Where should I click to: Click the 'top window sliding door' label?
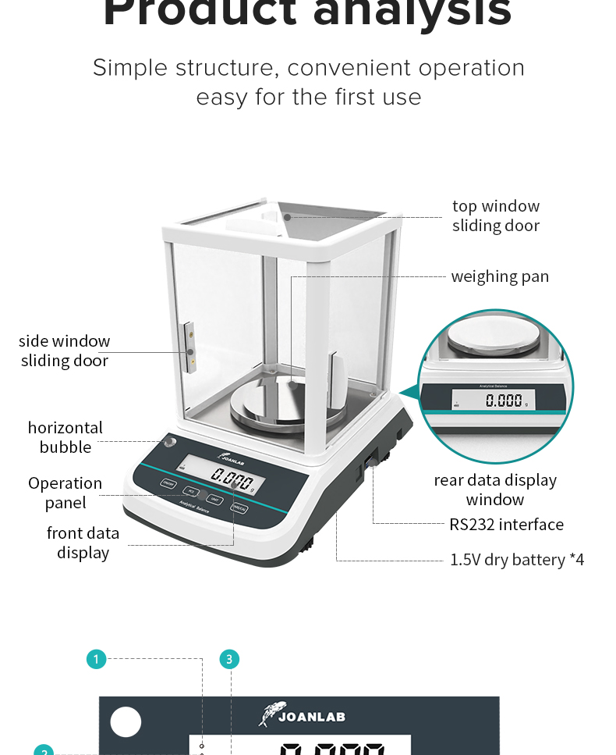click(496, 215)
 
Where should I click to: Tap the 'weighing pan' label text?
click(500, 276)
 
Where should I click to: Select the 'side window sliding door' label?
click(65, 351)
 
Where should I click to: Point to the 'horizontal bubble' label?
click(65, 437)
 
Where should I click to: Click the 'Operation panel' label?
click(65, 493)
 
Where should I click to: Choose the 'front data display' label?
click(83, 543)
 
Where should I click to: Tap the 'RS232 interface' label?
click(506, 524)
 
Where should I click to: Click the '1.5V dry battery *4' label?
click(517, 560)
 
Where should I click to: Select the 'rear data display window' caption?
click(495, 490)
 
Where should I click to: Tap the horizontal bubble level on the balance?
click(169, 442)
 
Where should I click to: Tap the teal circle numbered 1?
click(96, 660)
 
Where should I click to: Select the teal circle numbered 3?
click(229, 660)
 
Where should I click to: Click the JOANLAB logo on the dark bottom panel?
click(301, 715)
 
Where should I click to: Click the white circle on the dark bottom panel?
click(126, 722)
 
